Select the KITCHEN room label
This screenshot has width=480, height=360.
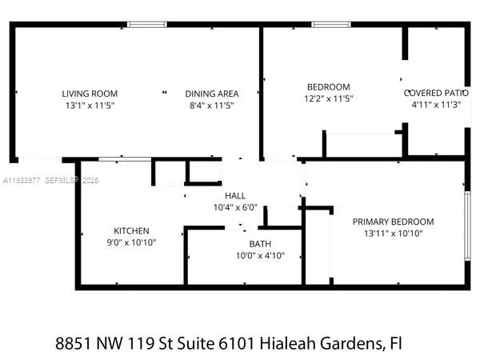point(131,231)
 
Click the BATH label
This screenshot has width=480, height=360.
point(259,244)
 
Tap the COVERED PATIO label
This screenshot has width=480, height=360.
point(436,93)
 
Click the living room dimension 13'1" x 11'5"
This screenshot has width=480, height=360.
point(90,105)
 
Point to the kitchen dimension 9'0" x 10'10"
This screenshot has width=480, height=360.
point(131,242)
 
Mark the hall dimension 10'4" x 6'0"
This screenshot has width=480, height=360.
point(235,207)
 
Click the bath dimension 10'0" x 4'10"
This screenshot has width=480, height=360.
point(259,256)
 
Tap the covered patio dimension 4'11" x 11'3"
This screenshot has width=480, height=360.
point(436,104)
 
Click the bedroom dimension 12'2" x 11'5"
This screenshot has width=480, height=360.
point(329,98)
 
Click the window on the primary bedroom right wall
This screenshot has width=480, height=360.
point(466,225)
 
